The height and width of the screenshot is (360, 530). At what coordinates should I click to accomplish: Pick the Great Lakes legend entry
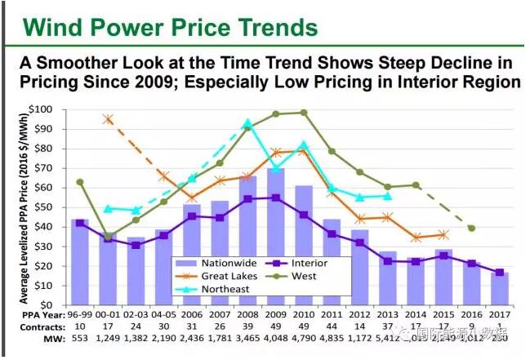pos(237,277)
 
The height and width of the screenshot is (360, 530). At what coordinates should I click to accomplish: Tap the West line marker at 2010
pos(305,113)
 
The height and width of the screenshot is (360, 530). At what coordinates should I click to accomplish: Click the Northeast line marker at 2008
pos(247,124)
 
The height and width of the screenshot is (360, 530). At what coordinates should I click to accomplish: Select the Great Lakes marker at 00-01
pos(108,119)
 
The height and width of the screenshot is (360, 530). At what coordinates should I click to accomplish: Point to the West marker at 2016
pos(471,228)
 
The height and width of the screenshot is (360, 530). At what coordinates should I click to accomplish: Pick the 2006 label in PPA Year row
pos(192,313)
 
